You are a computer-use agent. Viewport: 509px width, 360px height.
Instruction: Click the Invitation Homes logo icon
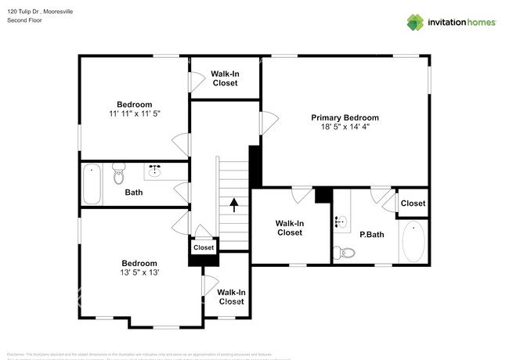(x=414, y=22)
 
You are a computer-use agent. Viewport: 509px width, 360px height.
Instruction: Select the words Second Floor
(x=24, y=20)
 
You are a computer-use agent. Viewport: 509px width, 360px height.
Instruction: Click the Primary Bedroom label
(x=345, y=117)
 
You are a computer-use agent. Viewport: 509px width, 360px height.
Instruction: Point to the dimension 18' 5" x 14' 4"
(x=345, y=127)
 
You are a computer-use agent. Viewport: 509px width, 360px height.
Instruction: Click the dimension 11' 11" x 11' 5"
(x=134, y=113)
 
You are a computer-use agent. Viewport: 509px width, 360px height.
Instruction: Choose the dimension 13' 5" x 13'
(x=139, y=272)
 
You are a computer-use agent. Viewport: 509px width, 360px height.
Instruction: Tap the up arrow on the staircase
(x=233, y=205)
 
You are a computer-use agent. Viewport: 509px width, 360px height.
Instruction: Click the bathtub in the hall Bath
(x=92, y=184)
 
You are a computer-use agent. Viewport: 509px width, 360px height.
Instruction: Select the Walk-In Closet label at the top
(x=225, y=77)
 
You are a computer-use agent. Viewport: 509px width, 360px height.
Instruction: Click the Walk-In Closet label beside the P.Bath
(x=289, y=228)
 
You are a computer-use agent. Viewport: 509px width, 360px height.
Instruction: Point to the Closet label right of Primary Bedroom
(x=413, y=203)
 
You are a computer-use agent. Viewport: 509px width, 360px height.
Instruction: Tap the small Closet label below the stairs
(x=204, y=247)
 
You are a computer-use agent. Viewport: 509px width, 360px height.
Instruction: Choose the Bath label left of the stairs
(x=133, y=192)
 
